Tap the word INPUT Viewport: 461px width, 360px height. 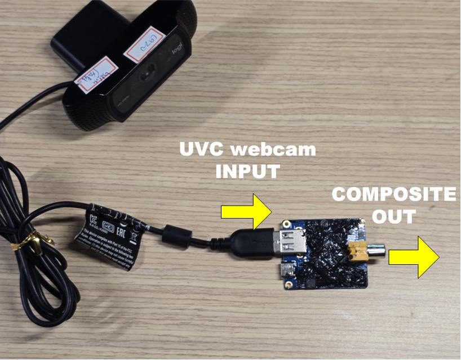pyautogui.click(x=248, y=171)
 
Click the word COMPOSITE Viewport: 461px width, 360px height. pyautogui.click(x=393, y=195)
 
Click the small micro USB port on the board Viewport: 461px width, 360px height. pyautogui.click(x=287, y=272)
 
